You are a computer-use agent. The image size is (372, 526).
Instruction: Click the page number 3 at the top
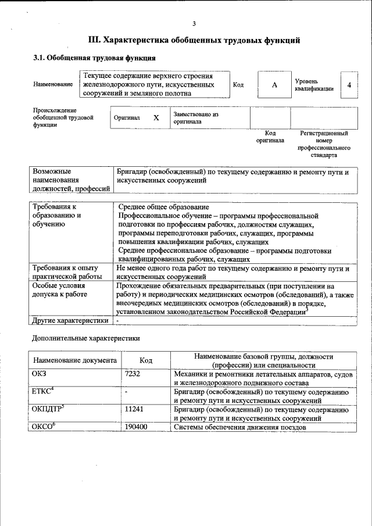tap(194, 23)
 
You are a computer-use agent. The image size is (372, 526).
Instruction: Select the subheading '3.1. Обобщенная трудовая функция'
tap(94, 58)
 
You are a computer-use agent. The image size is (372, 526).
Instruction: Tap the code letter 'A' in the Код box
tap(274, 85)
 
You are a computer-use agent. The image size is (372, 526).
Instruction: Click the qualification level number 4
tap(349, 85)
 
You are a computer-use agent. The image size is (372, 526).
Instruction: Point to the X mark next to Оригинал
tap(156, 117)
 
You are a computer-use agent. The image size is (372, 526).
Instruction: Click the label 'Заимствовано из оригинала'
tap(195, 118)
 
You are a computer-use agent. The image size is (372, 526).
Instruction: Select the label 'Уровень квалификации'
tap(314, 85)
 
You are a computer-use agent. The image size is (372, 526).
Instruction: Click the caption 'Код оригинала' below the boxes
tap(270, 137)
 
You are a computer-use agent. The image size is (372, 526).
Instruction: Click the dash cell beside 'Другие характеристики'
tap(118, 320)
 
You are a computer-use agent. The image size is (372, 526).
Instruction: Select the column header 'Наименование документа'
tap(75, 360)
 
